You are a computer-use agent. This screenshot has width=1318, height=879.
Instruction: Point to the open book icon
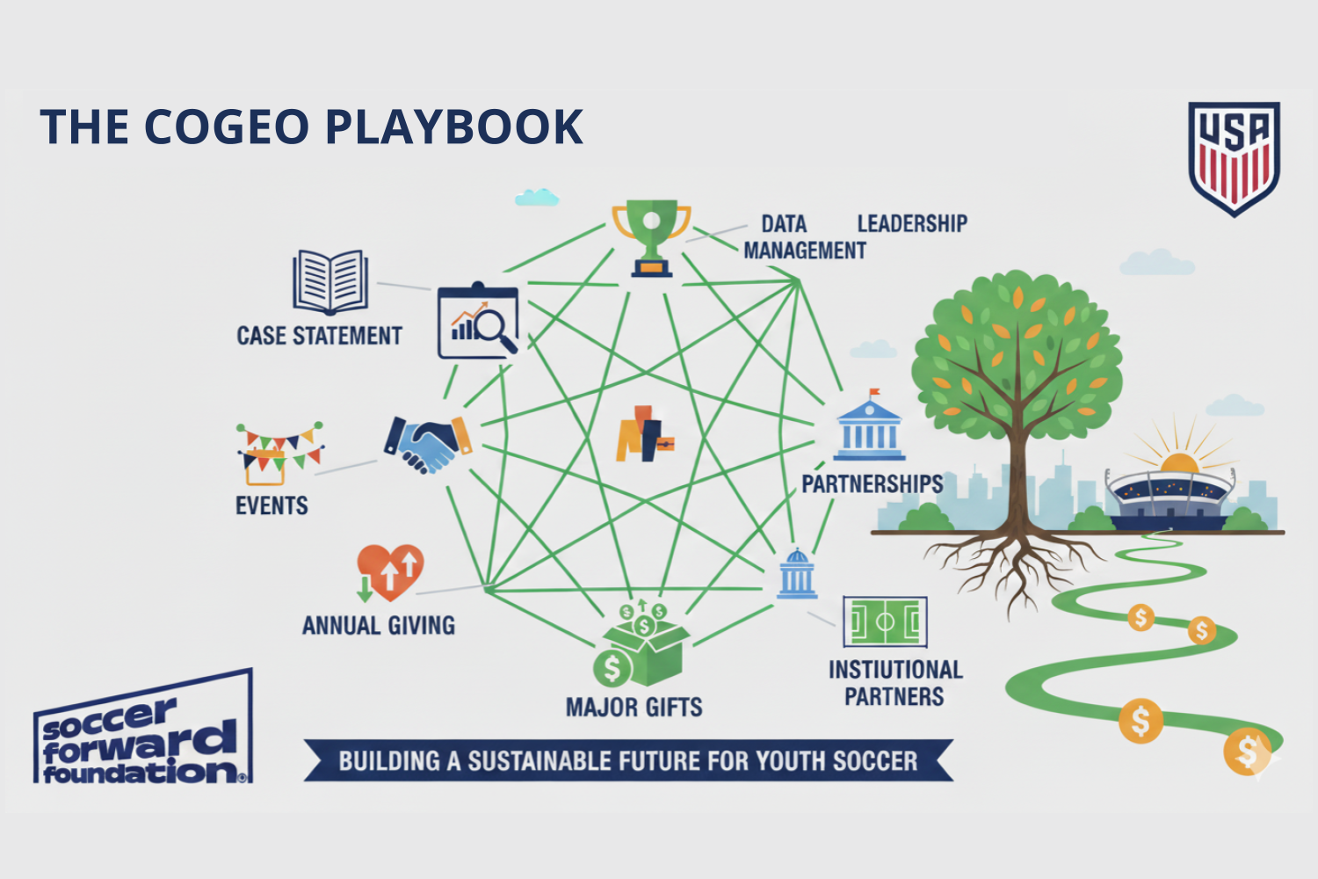pos(330,282)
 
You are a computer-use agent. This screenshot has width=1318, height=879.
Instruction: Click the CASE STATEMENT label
pos(319,336)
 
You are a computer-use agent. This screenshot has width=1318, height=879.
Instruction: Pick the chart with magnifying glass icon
pos(478,322)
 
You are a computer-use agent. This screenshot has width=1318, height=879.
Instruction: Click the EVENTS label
pos(272,506)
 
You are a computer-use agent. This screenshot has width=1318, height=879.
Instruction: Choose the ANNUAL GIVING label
pos(379,626)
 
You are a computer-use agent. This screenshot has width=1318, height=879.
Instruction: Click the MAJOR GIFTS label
pos(634,708)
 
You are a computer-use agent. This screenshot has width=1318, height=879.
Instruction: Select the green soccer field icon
pos(885,621)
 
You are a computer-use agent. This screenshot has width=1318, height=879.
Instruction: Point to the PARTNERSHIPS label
pos(872,484)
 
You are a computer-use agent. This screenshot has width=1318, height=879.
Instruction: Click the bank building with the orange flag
pos(869,428)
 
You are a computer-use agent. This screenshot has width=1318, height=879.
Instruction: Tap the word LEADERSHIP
pos(912,224)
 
